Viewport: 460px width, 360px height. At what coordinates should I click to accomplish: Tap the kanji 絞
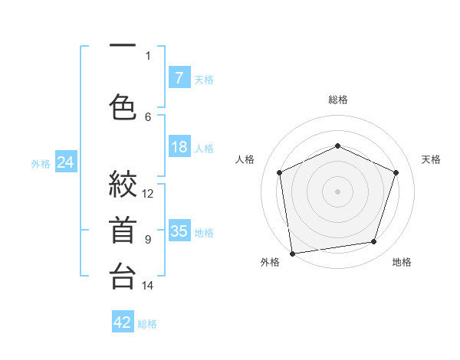[123, 184]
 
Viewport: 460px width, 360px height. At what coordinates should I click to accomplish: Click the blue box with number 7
[179, 77]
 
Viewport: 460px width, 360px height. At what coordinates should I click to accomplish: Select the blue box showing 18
[179, 147]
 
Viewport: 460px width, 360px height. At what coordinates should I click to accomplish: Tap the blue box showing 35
[179, 231]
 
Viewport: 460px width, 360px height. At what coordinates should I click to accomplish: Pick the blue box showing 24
[65, 162]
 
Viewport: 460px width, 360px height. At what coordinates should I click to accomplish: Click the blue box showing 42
[123, 322]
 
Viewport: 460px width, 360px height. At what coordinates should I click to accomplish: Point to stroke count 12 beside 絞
[148, 193]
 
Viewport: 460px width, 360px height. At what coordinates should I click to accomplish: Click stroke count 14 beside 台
[148, 286]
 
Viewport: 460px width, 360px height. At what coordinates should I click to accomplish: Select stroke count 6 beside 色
[148, 116]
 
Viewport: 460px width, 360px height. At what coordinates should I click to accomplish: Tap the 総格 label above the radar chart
[337, 100]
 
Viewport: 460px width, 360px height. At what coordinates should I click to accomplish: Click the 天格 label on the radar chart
[431, 159]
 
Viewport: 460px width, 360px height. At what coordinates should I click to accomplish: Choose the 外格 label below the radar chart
[270, 262]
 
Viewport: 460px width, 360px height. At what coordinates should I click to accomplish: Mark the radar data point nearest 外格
[292, 253]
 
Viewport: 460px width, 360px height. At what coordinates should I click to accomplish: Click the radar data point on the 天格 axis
[396, 172]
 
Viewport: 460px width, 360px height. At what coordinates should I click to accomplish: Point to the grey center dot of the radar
[337, 191]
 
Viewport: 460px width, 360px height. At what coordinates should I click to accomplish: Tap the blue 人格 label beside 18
[204, 148]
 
